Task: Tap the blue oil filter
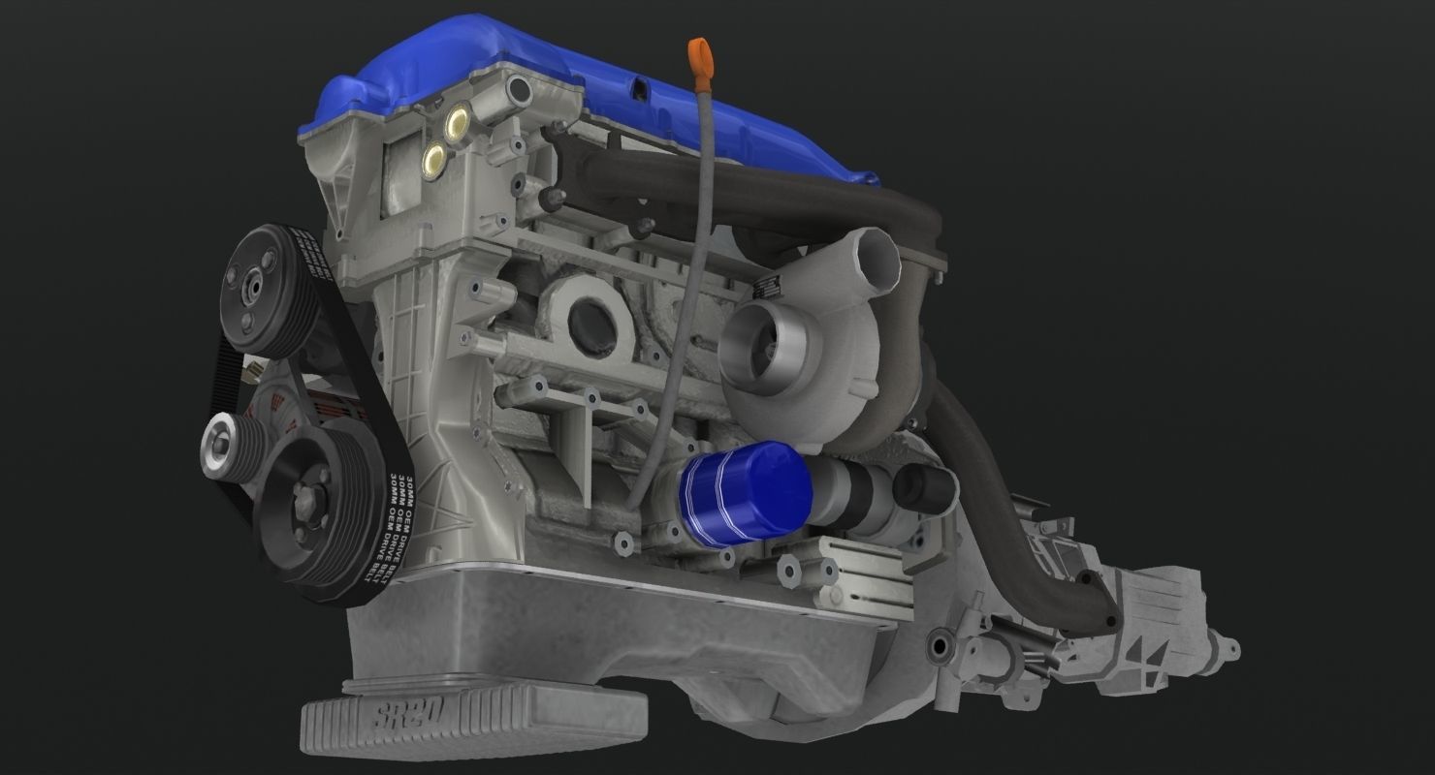point(745,494)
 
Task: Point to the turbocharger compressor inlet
point(766,335)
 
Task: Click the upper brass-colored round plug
point(455,121)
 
